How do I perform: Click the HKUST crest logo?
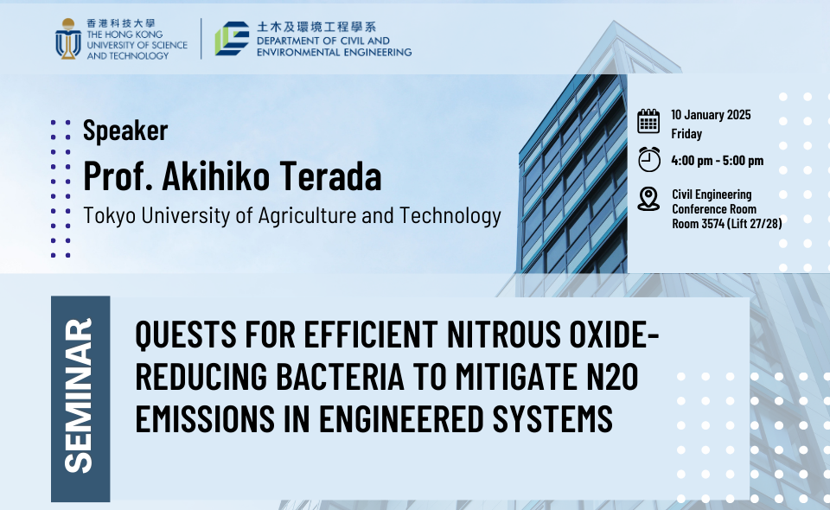(x=68, y=39)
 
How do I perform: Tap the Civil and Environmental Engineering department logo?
(x=232, y=38)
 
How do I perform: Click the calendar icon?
(x=648, y=121)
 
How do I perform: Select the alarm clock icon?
(x=649, y=159)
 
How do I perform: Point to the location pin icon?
(x=648, y=199)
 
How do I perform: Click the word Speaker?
(x=125, y=131)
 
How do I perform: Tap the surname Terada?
(x=330, y=175)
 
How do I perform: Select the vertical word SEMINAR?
(x=79, y=395)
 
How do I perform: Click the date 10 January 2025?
(x=711, y=115)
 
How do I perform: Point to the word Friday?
(x=686, y=134)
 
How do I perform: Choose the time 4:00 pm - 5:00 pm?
(x=718, y=160)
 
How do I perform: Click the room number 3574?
(x=713, y=224)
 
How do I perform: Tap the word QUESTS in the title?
(x=186, y=335)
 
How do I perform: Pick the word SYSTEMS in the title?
(x=552, y=418)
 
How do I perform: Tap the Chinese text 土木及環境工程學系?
(x=316, y=27)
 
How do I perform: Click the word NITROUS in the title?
(x=503, y=335)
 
